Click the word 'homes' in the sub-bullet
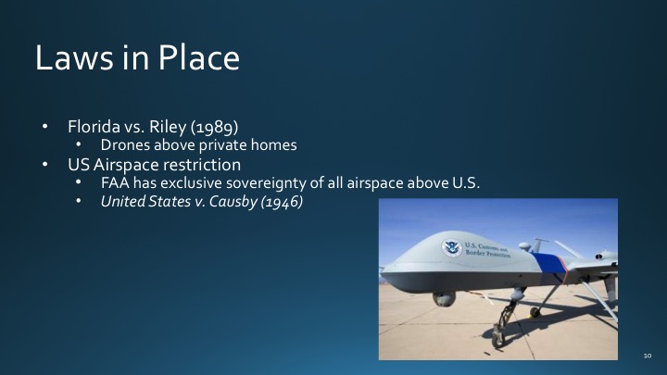[299, 146]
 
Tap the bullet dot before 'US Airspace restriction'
[44, 165]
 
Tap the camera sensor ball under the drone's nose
[446, 298]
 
